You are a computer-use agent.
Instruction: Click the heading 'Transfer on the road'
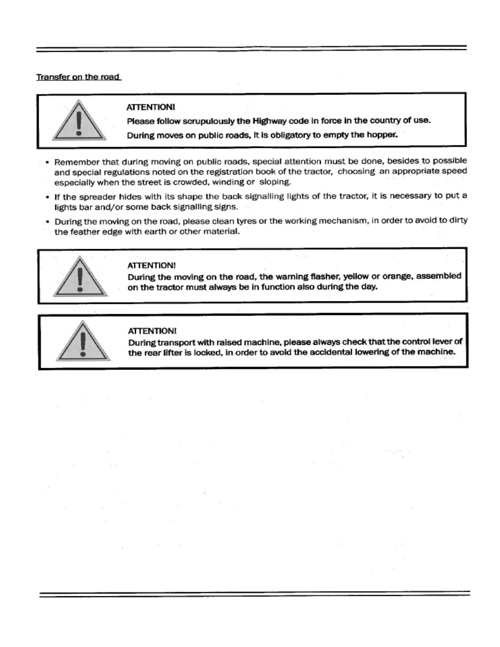pyautogui.click(x=78, y=77)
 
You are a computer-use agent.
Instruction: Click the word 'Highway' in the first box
pyautogui.click(x=270, y=120)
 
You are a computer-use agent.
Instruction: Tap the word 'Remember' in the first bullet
pyautogui.click(x=77, y=162)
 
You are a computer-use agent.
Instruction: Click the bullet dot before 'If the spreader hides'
pyautogui.click(x=48, y=197)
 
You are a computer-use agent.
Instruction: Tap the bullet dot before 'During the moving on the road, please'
pyautogui.click(x=48, y=222)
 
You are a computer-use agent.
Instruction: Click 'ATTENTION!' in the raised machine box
pyautogui.click(x=152, y=331)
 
